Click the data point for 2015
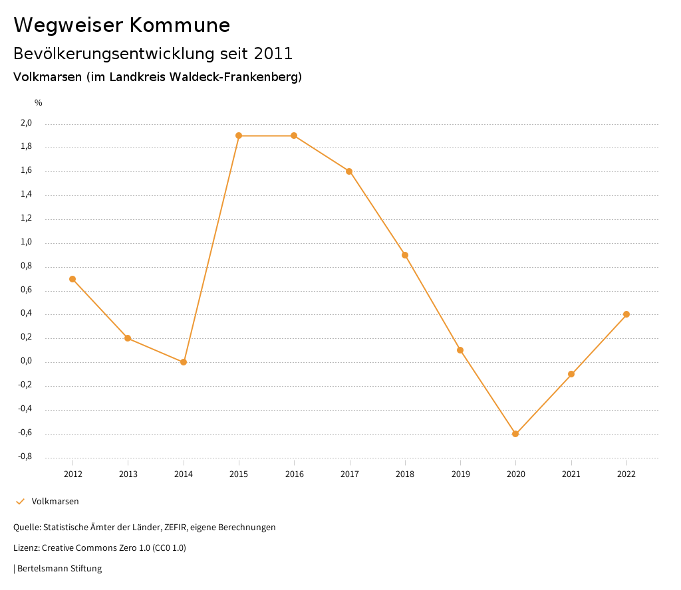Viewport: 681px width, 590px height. tap(239, 136)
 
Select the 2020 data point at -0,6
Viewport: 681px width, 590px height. tap(515, 434)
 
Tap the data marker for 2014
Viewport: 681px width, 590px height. tap(184, 362)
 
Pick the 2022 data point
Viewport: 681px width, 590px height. tap(626, 314)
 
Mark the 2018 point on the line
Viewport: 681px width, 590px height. tap(405, 255)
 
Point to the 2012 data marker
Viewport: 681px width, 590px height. tap(72, 279)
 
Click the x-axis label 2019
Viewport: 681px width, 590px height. tap(460, 474)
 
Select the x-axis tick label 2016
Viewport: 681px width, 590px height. tap(294, 474)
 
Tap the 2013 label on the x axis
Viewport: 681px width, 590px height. tap(128, 474)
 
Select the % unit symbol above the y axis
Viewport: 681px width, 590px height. tap(39, 103)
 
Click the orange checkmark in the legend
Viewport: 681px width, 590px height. tap(20, 502)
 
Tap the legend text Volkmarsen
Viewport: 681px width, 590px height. tap(55, 502)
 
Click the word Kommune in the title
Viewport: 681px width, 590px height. tap(180, 25)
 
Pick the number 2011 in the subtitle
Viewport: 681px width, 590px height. tap(273, 53)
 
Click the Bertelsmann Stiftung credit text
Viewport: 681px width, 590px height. tap(59, 569)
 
